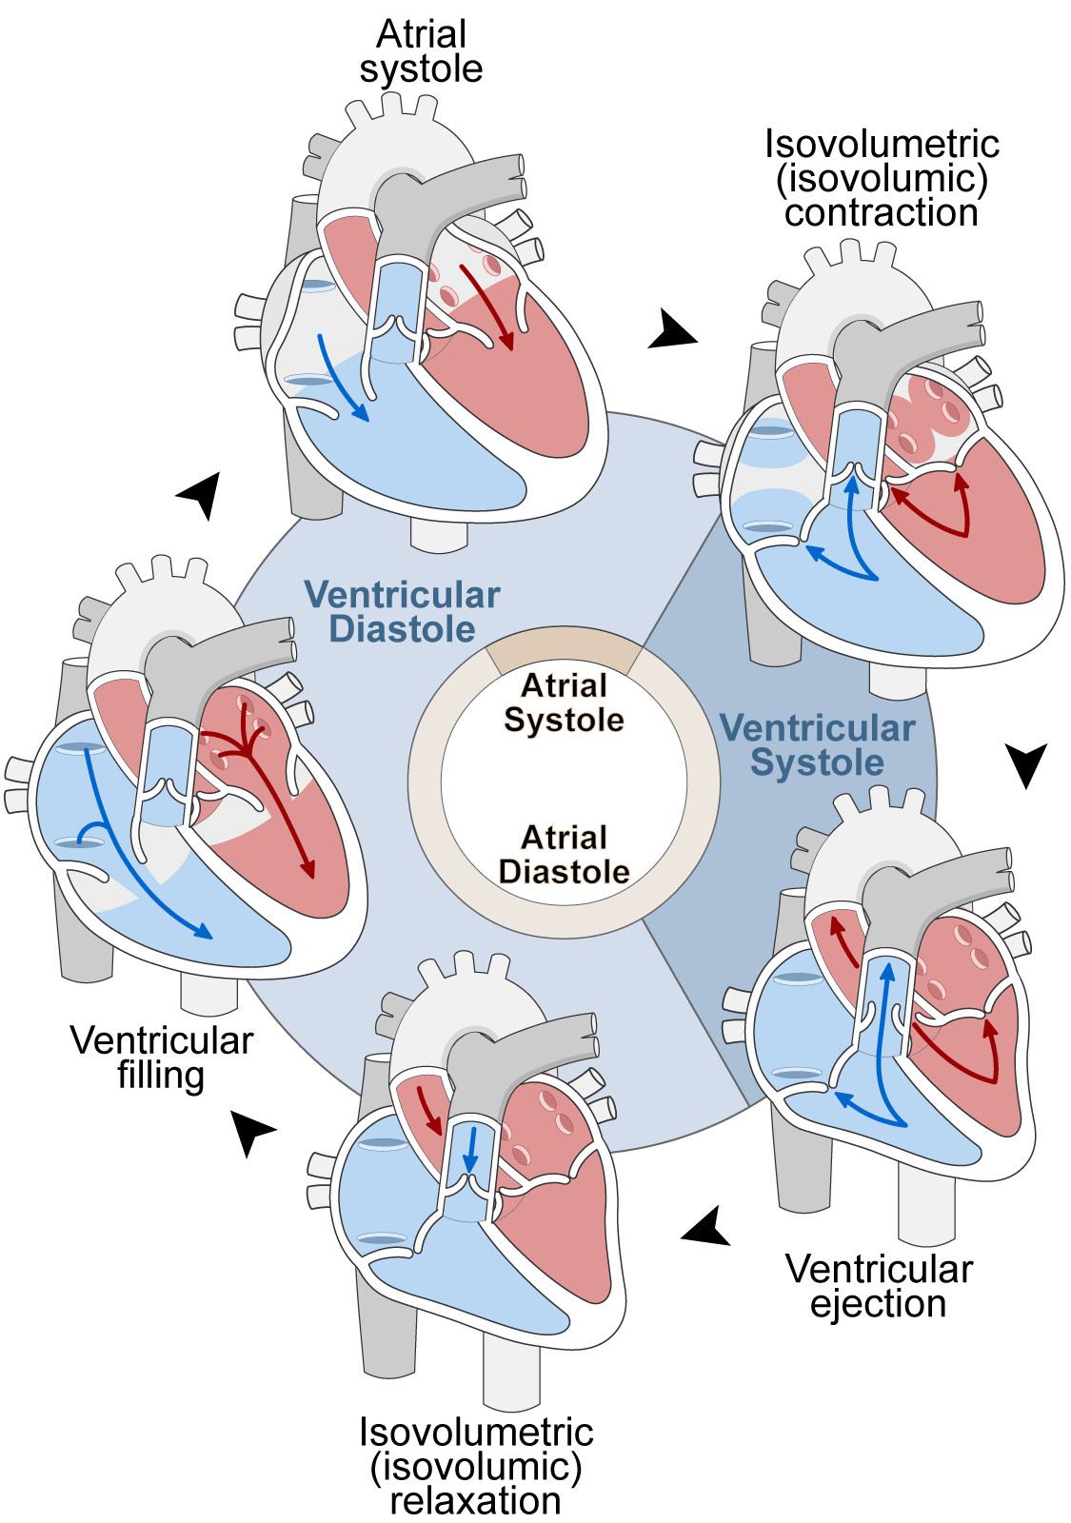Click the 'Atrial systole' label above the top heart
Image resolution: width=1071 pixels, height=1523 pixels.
click(421, 52)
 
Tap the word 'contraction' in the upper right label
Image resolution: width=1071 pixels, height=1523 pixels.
click(882, 213)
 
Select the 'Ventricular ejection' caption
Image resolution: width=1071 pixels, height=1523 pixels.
click(879, 1286)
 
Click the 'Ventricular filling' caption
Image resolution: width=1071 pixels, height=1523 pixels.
click(161, 1058)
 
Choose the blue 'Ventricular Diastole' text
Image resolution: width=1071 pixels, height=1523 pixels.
click(402, 611)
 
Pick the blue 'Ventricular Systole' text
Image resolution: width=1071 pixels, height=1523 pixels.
click(818, 744)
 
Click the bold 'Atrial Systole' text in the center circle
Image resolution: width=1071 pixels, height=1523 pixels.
click(564, 702)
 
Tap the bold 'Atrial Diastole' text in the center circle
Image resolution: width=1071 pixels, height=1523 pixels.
click(564, 855)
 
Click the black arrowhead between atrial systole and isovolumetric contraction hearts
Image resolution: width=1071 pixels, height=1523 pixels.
click(670, 330)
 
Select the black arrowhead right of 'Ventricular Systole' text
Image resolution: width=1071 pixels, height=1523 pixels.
click(1026, 763)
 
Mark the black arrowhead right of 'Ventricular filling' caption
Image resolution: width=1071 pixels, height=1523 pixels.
click(251, 1131)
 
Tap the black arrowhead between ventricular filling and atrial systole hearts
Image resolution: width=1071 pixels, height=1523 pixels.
click(200, 494)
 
